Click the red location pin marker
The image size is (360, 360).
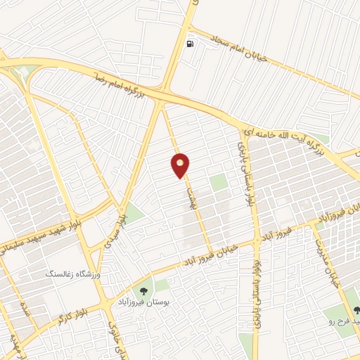click(181, 165)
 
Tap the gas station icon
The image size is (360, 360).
click(190, 44)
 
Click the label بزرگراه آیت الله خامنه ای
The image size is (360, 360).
click(281, 134)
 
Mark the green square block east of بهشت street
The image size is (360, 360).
click(219, 182)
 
